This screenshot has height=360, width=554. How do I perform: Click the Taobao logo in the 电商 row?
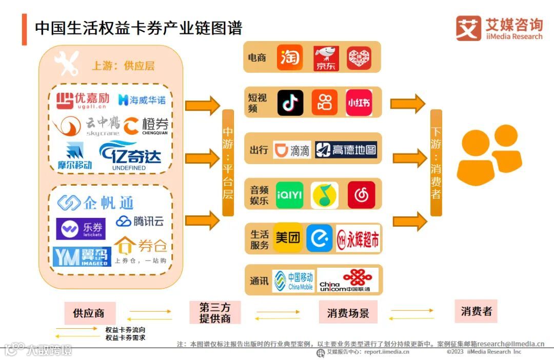pos(290,57)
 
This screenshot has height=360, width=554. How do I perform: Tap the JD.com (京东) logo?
pos(326,58)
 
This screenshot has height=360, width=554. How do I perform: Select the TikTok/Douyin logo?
pos(290,103)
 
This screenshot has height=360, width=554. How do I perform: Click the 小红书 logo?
pos(359,103)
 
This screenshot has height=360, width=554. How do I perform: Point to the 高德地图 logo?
pos(346,150)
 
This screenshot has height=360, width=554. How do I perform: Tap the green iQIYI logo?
pos(289,195)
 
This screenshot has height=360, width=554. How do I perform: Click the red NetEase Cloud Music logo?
pos(361,195)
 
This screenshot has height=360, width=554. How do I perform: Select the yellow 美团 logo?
pos(288,237)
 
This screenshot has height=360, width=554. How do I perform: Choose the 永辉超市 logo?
pos(359,239)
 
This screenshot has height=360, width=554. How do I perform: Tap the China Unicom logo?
pos(348,280)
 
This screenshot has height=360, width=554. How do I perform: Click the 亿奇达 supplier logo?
pos(130,155)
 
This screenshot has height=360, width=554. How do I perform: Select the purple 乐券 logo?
pos(81,229)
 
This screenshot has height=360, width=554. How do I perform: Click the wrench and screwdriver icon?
pos(67,63)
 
